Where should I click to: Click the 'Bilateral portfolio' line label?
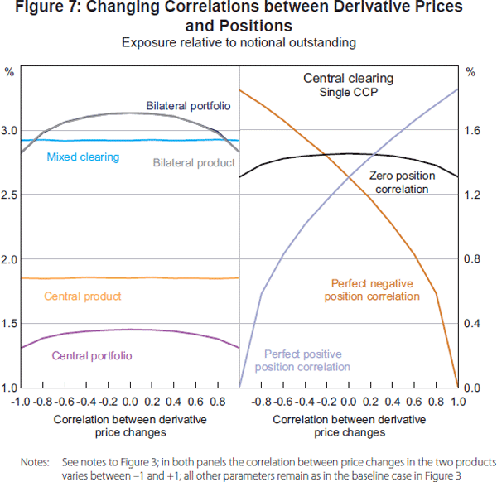[188, 106]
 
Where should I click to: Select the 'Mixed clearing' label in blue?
[83, 157]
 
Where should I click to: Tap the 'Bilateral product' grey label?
[195, 163]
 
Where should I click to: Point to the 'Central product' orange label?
[83, 296]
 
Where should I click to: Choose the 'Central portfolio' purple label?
[92, 356]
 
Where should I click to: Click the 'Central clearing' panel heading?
[348, 79]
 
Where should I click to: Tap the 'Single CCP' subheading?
[348, 92]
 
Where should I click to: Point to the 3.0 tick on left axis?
[9, 130]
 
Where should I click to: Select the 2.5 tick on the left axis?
[9, 195]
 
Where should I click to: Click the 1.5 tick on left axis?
[9, 323]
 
